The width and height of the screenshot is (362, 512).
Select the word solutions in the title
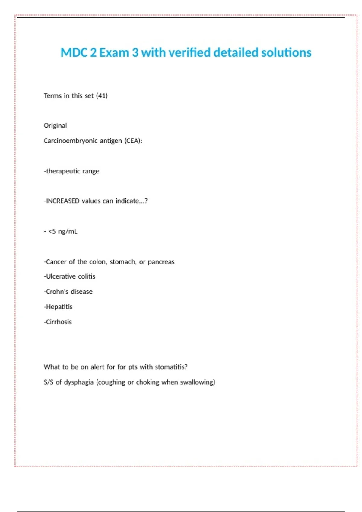pyautogui.click(x=286, y=53)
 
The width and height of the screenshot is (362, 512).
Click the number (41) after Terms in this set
pyautogui.click(x=102, y=96)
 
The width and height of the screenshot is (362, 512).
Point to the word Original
pyautogui.click(x=55, y=126)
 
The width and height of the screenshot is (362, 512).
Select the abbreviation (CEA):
pyautogui.click(x=133, y=141)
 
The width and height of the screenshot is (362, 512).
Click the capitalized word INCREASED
pyautogui.click(x=62, y=201)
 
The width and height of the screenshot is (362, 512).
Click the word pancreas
pyautogui.click(x=161, y=262)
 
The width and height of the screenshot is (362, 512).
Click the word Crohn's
pyautogui.click(x=56, y=292)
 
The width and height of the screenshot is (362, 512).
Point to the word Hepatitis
pyautogui.click(x=59, y=307)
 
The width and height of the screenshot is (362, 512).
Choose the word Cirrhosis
pyautogui.click(x=59, y=322)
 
